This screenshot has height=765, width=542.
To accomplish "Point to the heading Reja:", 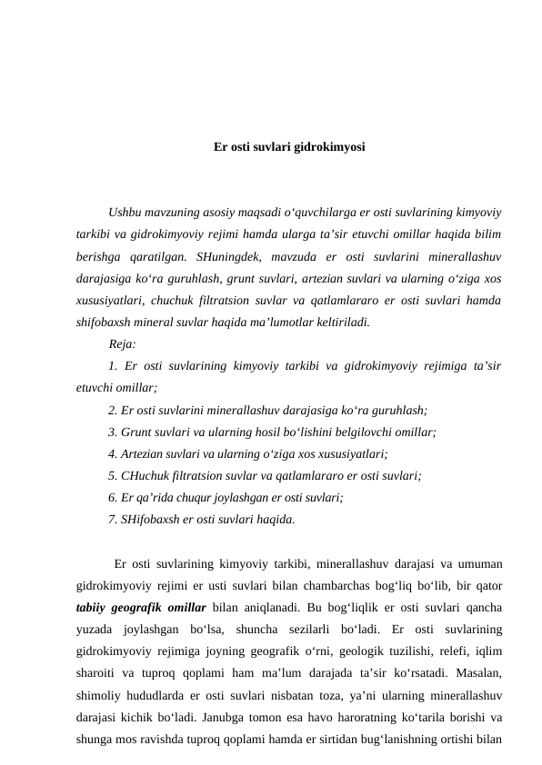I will coord(122,344).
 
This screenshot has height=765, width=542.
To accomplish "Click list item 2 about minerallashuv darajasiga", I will coord(267,410).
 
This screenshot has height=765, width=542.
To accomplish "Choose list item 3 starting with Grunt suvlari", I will coord(272,432).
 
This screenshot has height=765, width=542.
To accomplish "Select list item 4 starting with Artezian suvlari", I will coord(247,454).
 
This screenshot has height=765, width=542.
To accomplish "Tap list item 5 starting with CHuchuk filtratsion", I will coord(265,476).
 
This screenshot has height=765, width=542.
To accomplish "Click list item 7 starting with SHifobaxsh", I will coord(201,520).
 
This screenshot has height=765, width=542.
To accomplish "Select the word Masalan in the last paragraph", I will coord(474,673).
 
